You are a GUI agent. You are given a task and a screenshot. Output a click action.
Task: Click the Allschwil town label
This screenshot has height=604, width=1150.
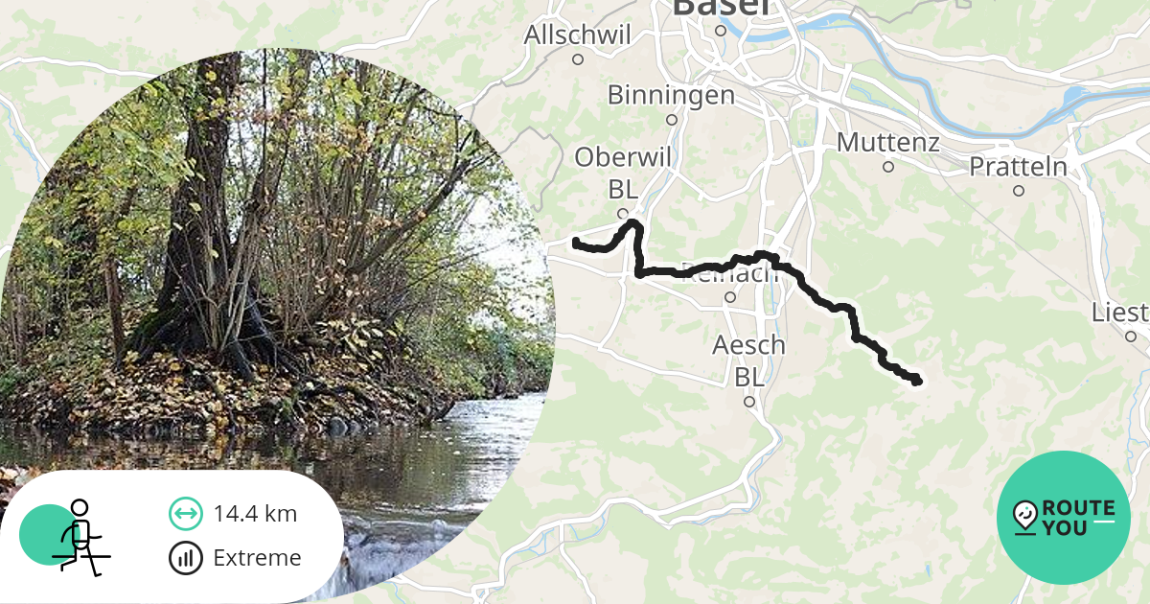(x=577, y=35)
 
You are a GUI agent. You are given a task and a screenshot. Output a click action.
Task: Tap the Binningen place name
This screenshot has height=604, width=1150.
(x=671, y=95)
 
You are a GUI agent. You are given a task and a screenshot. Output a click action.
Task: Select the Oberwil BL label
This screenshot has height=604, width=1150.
(x=624, y=172)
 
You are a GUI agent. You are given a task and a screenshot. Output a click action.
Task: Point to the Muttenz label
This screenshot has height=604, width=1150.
(x=887, y=143)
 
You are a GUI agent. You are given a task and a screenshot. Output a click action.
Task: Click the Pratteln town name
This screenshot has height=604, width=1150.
(x=1018, y=166)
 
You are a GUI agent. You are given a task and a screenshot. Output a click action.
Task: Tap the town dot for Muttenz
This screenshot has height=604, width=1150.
(x=888, y=167)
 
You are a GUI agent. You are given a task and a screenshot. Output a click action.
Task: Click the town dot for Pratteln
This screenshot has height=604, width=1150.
(x=1018, y=191)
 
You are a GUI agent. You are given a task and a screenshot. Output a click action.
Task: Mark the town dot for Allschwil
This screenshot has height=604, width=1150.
(x=578, y=59)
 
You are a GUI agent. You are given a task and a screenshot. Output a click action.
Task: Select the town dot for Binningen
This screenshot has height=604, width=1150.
(x=672, y=120)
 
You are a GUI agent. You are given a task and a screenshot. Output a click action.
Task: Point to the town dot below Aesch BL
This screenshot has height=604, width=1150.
(x=749, y=402)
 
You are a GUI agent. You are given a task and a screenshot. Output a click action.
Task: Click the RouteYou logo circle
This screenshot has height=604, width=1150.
(x=1064, y=518)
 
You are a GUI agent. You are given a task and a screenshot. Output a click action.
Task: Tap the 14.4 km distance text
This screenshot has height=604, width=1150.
(x=255, y=514)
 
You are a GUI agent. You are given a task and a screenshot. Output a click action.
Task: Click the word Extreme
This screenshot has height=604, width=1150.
(x=257, y=558)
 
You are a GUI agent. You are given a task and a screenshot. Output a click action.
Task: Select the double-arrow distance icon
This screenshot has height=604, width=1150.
(x=185, y=514)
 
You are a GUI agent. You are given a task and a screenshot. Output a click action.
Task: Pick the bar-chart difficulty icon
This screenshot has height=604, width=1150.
(x=185, y=558)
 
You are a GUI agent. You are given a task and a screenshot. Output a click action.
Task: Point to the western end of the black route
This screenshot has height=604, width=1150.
(x=577, y=243)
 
